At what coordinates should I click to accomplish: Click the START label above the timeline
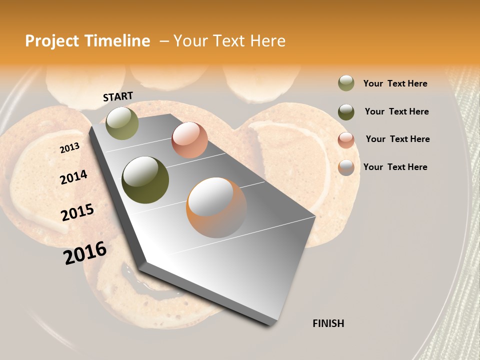[118, 96]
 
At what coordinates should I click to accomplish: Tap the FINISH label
[328, 323]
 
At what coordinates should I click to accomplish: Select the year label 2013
[69, 148]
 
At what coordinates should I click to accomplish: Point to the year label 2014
[73, 177]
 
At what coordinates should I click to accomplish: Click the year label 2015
[77, 212]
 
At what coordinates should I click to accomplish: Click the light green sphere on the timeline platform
[122, 123]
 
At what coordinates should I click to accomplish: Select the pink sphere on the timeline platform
[189, 139]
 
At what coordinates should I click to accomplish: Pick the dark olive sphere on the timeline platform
[145, 180]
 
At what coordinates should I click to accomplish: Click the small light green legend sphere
[346, 83]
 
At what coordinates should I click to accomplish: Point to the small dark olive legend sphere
[346, 112]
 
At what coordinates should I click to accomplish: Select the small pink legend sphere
[346, 139]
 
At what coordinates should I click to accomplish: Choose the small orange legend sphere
[346, 167]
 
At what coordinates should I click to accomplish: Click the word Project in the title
[53, 41]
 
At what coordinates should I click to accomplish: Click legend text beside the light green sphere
[395, 84]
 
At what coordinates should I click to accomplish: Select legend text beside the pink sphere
[397, 139]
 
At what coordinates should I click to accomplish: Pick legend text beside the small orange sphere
[395, 167]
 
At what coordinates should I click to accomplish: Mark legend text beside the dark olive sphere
[396, 111]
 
